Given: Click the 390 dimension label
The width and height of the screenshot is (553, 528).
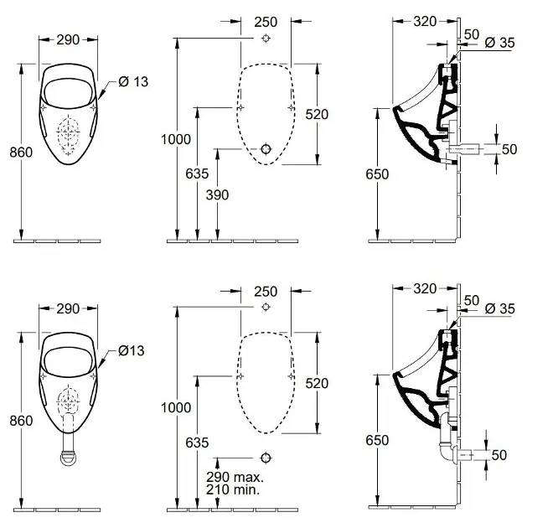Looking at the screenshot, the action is tap(218, 194).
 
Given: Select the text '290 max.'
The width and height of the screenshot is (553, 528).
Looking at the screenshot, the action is tap(235, 477).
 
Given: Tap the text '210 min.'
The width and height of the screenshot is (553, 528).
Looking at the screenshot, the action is tap(233, 489).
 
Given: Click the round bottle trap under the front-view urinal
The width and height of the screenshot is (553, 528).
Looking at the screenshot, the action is tap(68, 458).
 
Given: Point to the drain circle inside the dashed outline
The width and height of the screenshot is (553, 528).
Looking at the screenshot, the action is tap(266, 149).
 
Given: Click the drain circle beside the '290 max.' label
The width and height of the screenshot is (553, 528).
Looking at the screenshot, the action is tap(266, 458).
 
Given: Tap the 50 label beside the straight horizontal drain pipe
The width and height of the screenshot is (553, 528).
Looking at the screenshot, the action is tap(509, 149).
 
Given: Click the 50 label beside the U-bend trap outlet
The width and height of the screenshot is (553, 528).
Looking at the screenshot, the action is tap(499, 455).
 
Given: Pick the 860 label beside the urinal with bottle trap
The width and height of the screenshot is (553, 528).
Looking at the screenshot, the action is tap(21, 421).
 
